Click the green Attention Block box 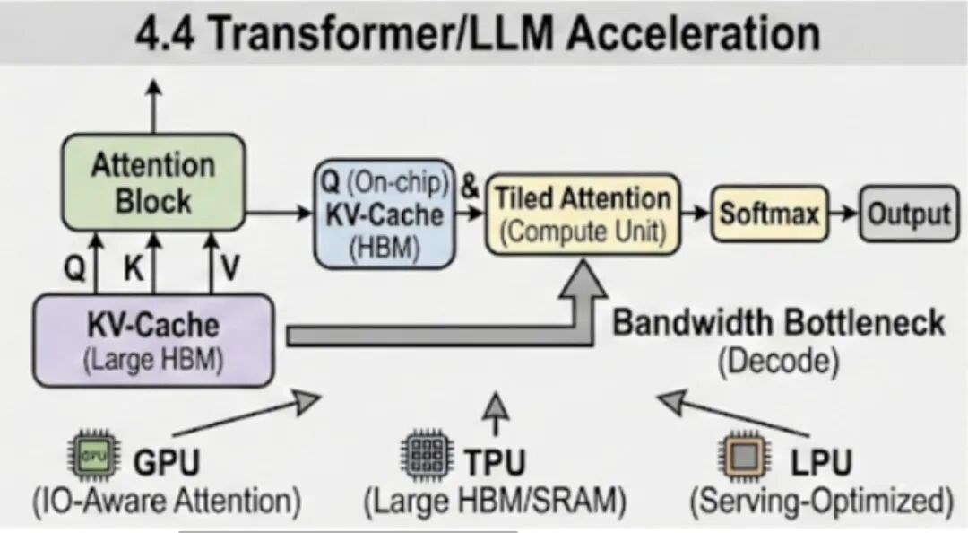point(153,182)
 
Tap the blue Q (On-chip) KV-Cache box point(385,214)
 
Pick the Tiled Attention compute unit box point(583,214)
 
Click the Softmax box point(769,214)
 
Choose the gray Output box point(908,214)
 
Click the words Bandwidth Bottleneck point(778,322)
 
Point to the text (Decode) point(778,362)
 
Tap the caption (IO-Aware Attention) point(167,501)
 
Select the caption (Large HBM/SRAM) point(494,501)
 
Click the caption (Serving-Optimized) point(820,501)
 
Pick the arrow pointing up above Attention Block point(153,104)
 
